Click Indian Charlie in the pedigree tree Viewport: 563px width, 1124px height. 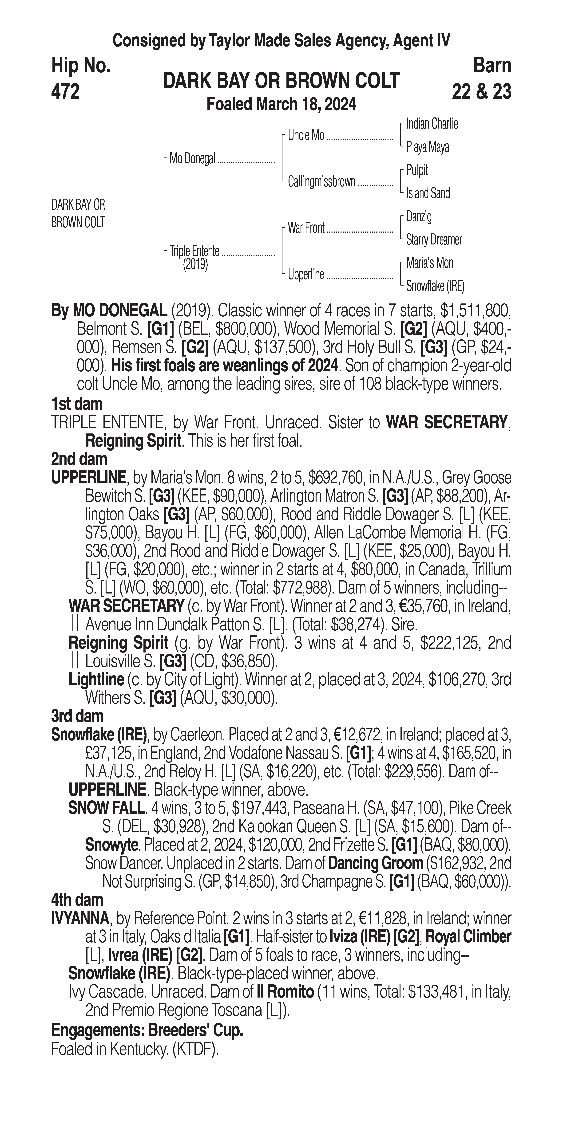point(432,124)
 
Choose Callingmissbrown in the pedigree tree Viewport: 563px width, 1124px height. point(322,181)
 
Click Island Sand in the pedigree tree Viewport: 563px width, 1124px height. point(428,193)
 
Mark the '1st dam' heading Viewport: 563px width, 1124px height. point(77,404)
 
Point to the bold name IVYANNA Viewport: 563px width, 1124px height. point(80,919)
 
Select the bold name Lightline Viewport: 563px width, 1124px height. point(96,679)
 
